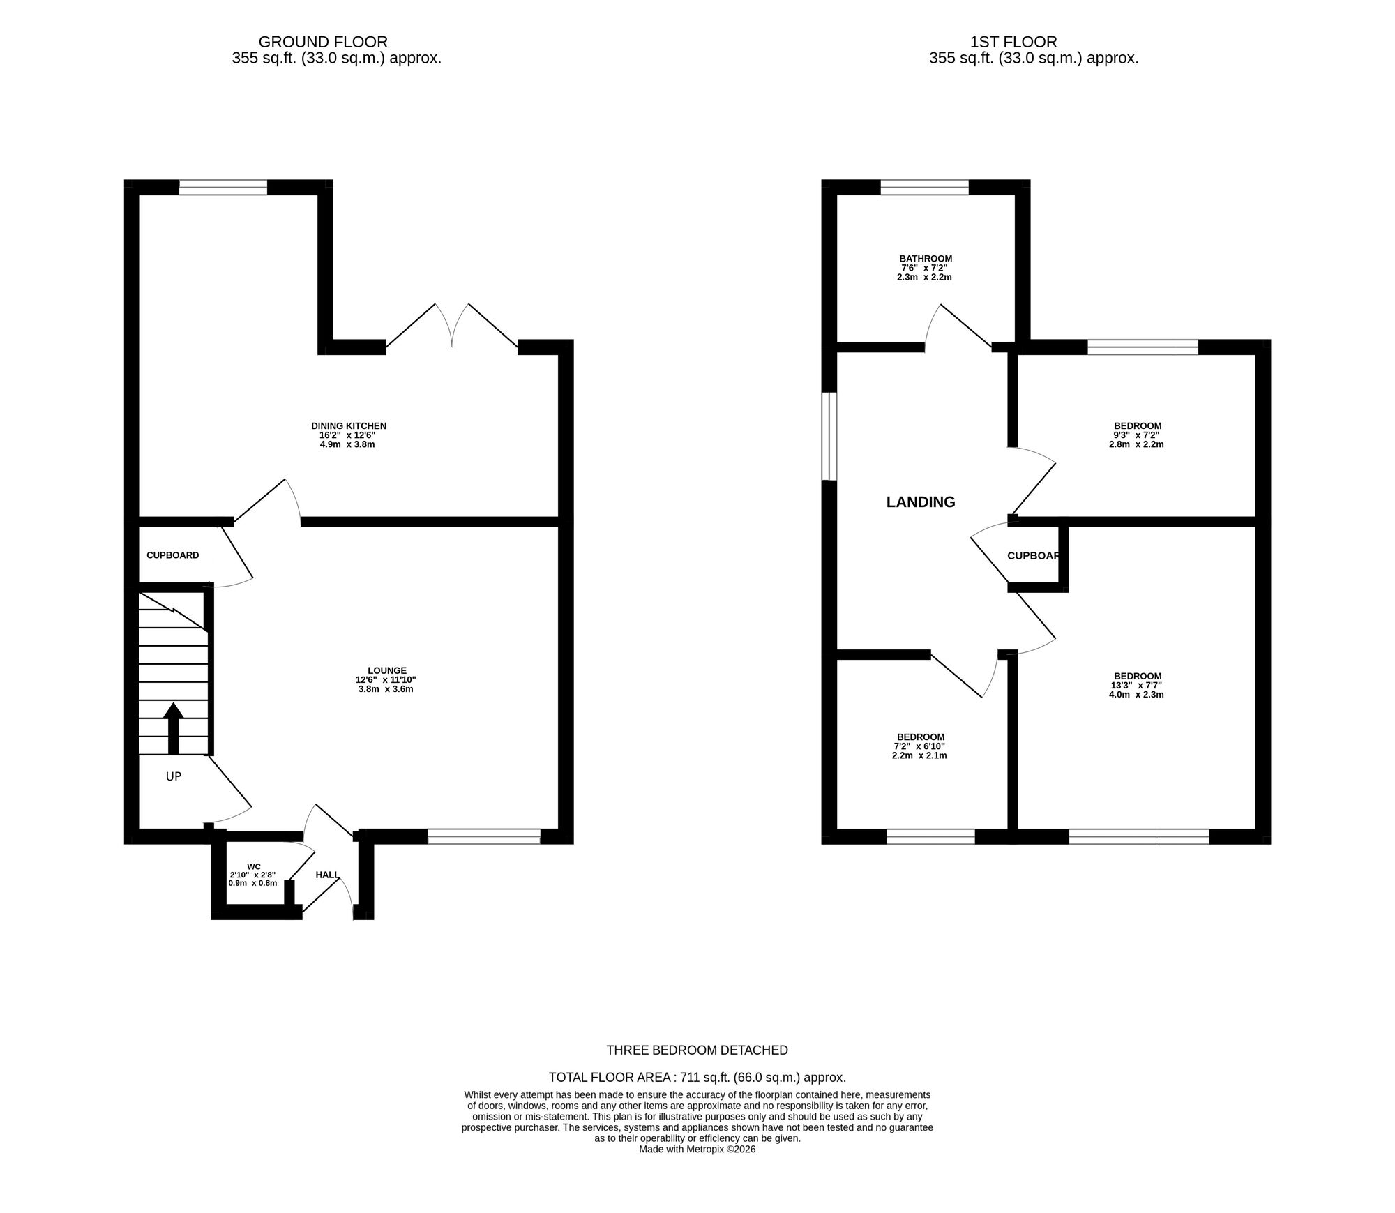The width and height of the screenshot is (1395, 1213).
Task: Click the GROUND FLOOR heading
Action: (x=323, y=42)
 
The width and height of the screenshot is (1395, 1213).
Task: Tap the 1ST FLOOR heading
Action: (x=1013, y=42)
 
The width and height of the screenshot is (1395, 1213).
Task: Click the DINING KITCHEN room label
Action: (x=348, y=425)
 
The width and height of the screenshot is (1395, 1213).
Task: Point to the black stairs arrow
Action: (x=173, y=728)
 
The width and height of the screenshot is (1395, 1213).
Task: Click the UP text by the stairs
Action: (x=174, y=776)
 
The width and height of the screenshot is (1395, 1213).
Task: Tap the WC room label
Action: (x=254, y=866)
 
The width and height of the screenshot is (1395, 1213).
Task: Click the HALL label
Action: (x=327, y=875)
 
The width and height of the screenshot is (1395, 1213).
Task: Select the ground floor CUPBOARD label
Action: (x=172, y=555)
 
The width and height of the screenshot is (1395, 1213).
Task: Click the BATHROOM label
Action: (x=926, y=258)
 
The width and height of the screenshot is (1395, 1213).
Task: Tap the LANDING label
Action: (x=920, y=502)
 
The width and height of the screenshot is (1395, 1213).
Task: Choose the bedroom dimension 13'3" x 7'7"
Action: (x=1137, y=685)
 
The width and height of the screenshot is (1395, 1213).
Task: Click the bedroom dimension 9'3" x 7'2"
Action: (x=1137, y=435)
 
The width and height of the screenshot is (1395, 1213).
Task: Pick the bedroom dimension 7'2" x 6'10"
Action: (x=920, y=746)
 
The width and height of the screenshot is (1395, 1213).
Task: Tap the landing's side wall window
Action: (x=829, y=437)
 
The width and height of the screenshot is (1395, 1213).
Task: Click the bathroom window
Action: (x=924, y=187)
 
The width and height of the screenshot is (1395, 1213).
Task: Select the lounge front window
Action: (x=483, y=836)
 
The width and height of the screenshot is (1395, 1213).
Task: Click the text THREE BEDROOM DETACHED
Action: (x=697, y=1050)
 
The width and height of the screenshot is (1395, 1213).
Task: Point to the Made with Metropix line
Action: (x=697, y=1150)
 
